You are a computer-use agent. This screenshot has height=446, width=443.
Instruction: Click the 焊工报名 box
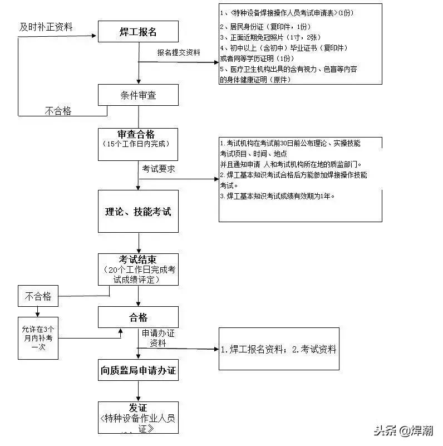point(138,31)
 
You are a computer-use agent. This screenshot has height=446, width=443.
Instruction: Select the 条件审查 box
point(138,95)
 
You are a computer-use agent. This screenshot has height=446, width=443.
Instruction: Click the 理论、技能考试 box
point(138,212)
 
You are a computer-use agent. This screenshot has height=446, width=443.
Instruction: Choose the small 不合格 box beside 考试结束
point(38,296)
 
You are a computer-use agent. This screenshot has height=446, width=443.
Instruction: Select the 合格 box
point(138,317)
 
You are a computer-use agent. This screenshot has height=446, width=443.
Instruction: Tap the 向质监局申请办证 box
point(138,370)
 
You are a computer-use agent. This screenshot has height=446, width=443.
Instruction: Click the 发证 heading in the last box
point(138,407)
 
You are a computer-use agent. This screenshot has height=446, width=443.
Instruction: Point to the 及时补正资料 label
point(46,27)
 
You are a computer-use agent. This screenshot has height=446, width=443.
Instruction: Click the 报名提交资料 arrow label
point(179,52)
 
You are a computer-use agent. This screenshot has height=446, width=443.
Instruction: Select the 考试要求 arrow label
point(159,169)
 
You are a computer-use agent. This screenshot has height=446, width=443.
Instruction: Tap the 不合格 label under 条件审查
point(58,111)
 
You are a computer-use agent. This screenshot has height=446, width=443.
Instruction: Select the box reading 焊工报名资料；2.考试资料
point(278,350)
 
